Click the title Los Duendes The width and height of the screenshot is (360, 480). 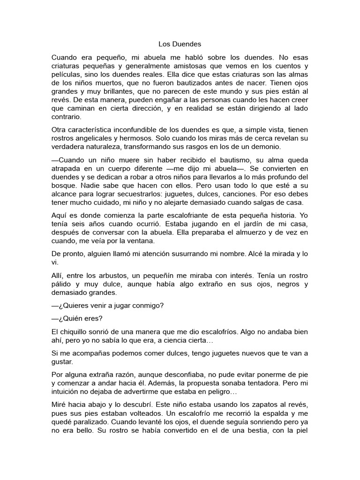pyautogui.click(x=180, y=44)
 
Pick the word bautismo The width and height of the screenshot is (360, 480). pyautogui.click(x=212, y=160)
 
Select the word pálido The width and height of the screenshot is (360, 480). pyautogui.click(x=62, y=284)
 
